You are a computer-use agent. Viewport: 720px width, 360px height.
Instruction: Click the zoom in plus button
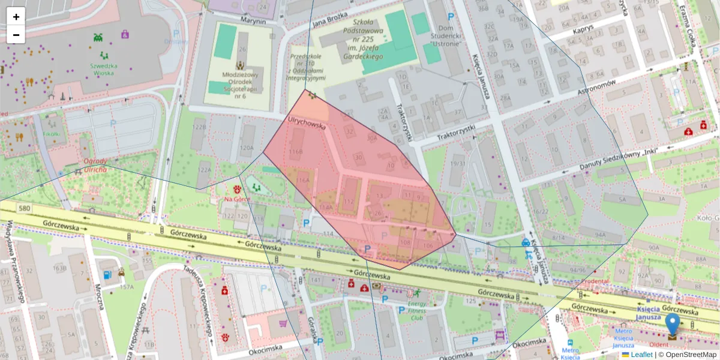click(x=16, y=17)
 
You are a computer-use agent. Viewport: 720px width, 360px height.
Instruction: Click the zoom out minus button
click(x=16, y=35)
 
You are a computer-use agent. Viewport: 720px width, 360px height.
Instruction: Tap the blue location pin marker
click(x=673, y=324)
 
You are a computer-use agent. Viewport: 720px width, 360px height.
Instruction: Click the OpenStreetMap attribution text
click(x=691, y=355)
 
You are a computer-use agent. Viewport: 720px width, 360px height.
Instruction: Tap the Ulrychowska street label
click(x=307, y=123)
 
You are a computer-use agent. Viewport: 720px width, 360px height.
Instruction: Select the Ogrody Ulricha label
click(x=95, y=165)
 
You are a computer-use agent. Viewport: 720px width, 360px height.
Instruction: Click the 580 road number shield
click(x=24, y=209)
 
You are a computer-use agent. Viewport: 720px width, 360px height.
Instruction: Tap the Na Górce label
click(x=236, y=199)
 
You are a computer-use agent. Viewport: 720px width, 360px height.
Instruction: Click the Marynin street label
click(x=253, y=21)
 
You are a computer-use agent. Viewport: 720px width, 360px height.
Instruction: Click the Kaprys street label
click(x=583, y=28)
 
